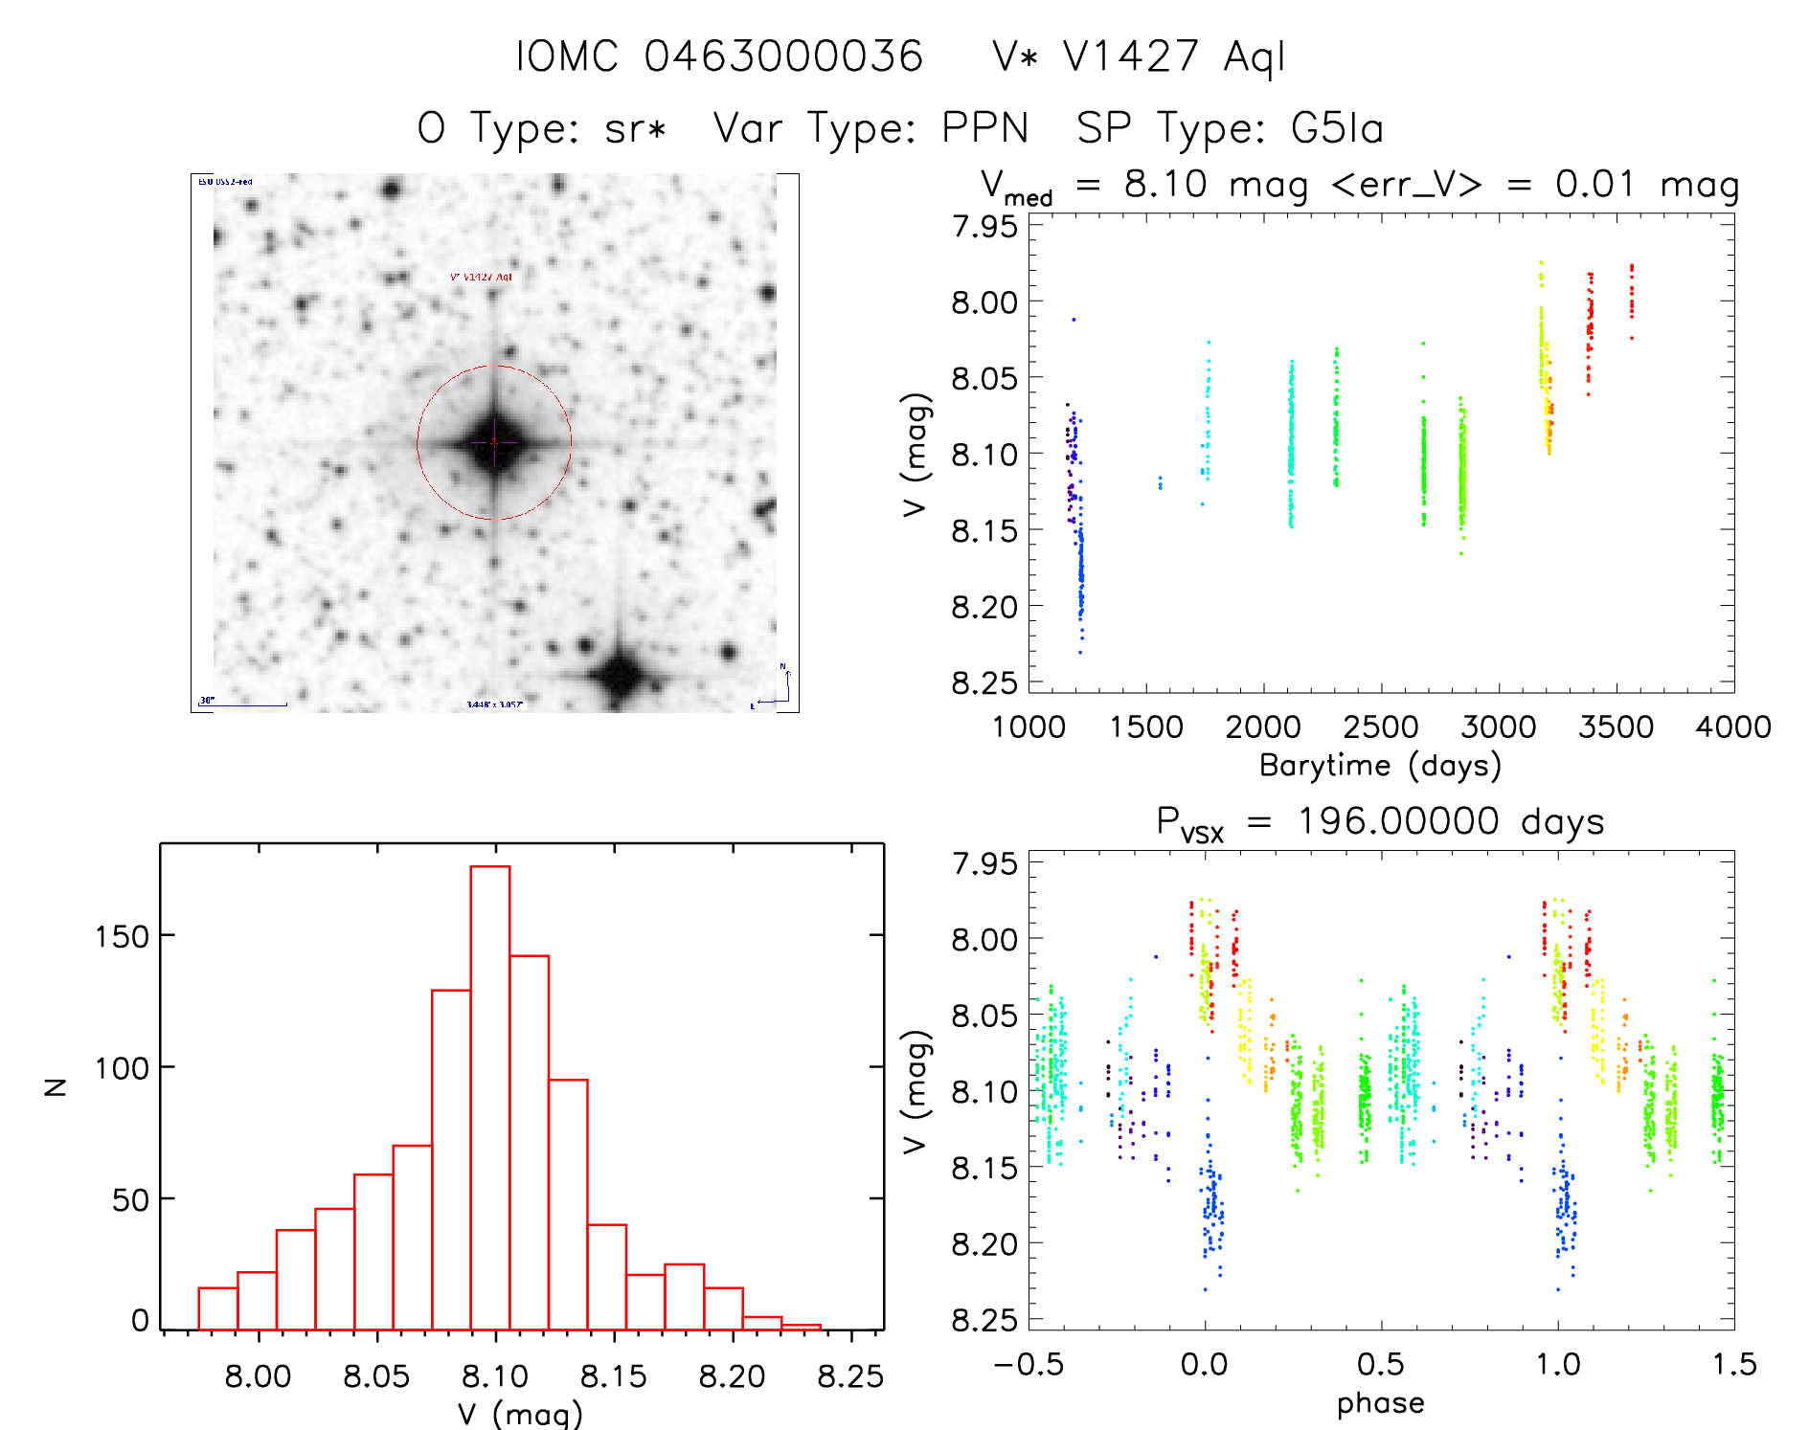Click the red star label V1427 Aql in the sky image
pos(482,278)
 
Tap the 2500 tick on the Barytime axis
pos(1380,727)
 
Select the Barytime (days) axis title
pos(1380,766)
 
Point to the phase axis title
pos(1380,1403)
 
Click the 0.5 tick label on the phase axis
pos(1380,1365)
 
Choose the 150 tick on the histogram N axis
pos(123,936)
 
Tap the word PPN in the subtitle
pos(984,128)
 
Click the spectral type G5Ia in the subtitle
pos(1337,128)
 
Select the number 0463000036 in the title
pos(783,56)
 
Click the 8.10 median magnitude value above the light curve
pos(1165,184)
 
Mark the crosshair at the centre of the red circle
pos(494,442)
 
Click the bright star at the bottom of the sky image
pos(621,674)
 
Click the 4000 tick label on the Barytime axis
pos(1732,727)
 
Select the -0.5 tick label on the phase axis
pos(1029,1365)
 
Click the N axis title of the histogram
pos(56,1086)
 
